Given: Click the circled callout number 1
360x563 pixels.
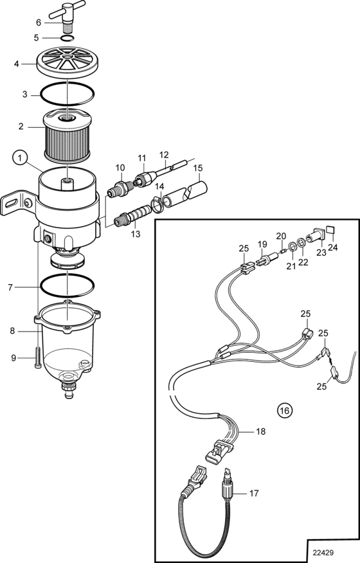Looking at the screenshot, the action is point(21,157).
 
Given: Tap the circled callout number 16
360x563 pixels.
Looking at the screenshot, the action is point(285,410).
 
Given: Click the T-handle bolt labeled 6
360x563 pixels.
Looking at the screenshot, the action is point(67,14).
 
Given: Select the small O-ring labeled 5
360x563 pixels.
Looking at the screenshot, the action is point(67,39).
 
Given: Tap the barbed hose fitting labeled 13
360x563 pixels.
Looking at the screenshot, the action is point(132,215).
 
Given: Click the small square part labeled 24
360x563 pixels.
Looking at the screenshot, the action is point(330,230).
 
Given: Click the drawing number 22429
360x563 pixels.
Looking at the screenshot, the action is point(323,553).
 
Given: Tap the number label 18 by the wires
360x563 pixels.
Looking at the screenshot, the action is point(260,431).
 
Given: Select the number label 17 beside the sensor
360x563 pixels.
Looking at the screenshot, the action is point(254,494).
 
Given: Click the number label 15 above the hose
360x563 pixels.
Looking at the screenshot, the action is point(198,168).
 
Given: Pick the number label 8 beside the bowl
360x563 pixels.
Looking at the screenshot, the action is point(13,331).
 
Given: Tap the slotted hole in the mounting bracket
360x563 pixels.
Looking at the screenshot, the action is point(11,204).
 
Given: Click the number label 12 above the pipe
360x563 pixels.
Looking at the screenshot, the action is point(164,155).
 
